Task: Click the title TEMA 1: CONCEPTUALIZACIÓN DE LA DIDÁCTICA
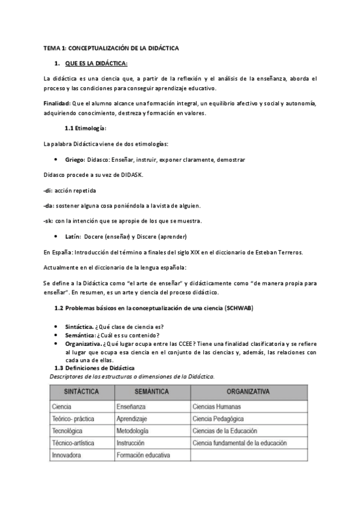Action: (111, 48)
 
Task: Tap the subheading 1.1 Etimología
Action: (85, 128)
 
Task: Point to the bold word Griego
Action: (75, 159)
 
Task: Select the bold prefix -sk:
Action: (49, 221)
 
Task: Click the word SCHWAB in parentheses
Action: (237, 308)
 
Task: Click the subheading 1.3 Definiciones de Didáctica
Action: (94, 367)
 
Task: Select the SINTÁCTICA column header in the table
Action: (82, 391)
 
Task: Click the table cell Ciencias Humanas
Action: (218, 407)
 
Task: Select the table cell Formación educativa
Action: (143, 455)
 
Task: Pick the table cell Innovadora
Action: (69, 455)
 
